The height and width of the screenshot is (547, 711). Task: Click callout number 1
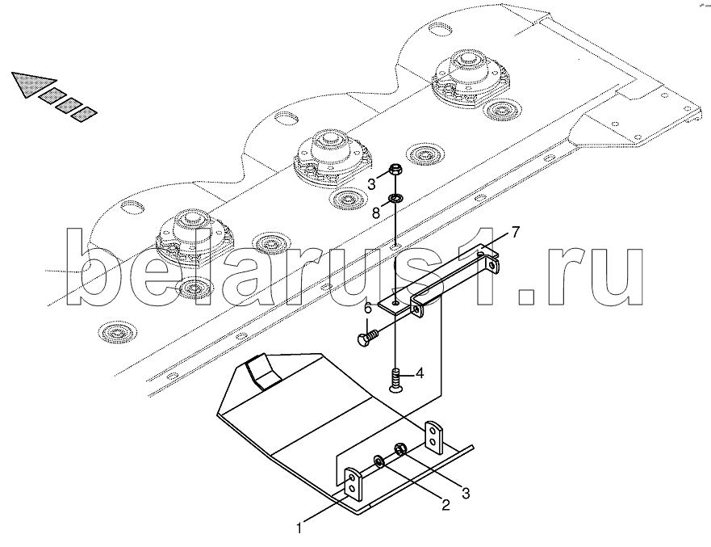pyautogui.click(x=299, y=529)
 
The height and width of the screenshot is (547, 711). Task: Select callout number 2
pyautogui.click(x=444, y=507)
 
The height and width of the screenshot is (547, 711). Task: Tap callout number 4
pyautogui.click(x=419, y=374)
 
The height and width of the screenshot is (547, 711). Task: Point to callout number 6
pyautogui.click(x=366, y=308)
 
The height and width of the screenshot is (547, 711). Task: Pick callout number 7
pyautogui.click(x=516, y=233)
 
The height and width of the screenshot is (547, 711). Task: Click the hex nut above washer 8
pyautogui.click(x=395, y=170)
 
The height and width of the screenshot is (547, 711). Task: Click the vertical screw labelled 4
pyautogui.click(x=395, y=380)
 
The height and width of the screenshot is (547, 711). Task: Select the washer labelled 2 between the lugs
pyautogui.click(x=379, y=462)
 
